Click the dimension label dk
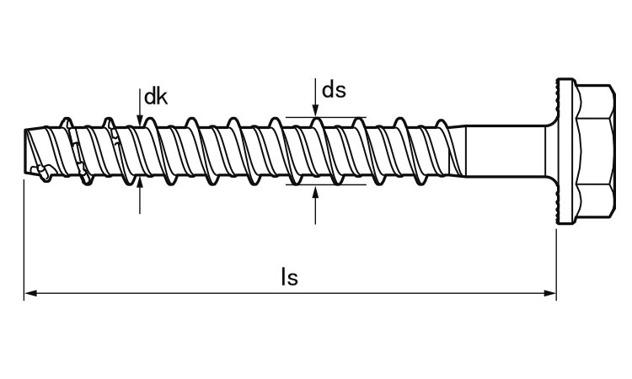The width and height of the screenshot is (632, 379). coord(156,97)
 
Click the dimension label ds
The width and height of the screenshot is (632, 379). coord(334,90)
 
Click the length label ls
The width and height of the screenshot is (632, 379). coord(289,277)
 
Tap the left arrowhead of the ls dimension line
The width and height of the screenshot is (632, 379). coord(30,293)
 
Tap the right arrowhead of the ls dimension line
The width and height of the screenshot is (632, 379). coord(550,293)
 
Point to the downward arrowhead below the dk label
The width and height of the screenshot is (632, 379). coord(139,120)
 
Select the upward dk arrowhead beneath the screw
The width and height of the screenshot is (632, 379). coord(139,184)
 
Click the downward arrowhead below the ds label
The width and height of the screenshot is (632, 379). coord(315,111)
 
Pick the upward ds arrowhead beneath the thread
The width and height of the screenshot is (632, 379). coord(315,192)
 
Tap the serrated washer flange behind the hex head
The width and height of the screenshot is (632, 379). coord(565,151)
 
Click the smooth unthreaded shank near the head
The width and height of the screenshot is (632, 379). coord(506,151)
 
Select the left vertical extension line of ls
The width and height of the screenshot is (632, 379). coord(24,240)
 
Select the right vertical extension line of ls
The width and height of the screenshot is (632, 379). coord(556,264)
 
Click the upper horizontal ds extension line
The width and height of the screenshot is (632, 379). coord(325,117)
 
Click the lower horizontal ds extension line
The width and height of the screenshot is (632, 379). coord(325,185)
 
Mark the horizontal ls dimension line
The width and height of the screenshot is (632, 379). coord(290,293)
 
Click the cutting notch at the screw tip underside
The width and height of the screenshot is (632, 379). coord(41,171)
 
